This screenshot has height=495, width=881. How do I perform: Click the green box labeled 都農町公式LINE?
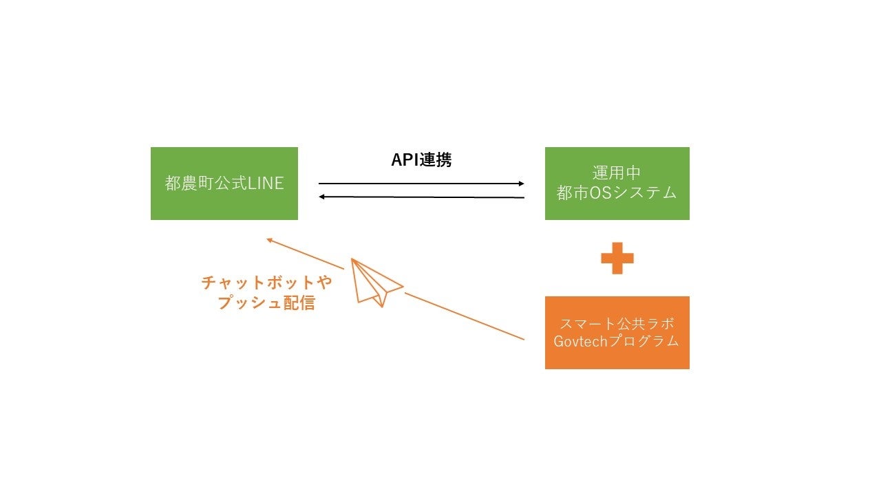click(x=224, y=184)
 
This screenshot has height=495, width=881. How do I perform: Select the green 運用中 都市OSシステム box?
click(x=617, y=184)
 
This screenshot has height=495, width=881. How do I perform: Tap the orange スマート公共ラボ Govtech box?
click(x=617, y=333)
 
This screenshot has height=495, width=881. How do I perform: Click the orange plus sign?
click(x=617, y=258)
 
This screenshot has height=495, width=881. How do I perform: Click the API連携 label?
click(x=421, y=160)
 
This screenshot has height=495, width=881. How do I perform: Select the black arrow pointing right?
click(x=421, y=184)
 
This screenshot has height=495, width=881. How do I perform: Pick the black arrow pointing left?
click(x=421, y=197)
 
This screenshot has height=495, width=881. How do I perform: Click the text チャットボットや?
click(x=266, y=283)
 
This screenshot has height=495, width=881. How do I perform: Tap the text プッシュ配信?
click(x=266, y=302)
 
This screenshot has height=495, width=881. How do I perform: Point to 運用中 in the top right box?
click(x=617, y=173)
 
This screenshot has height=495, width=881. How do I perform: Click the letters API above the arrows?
click(x=405, y=160)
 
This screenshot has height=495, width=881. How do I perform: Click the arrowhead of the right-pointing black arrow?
click(x=520, y=184)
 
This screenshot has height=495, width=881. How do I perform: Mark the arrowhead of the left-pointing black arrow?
click(x=322, y=197)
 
